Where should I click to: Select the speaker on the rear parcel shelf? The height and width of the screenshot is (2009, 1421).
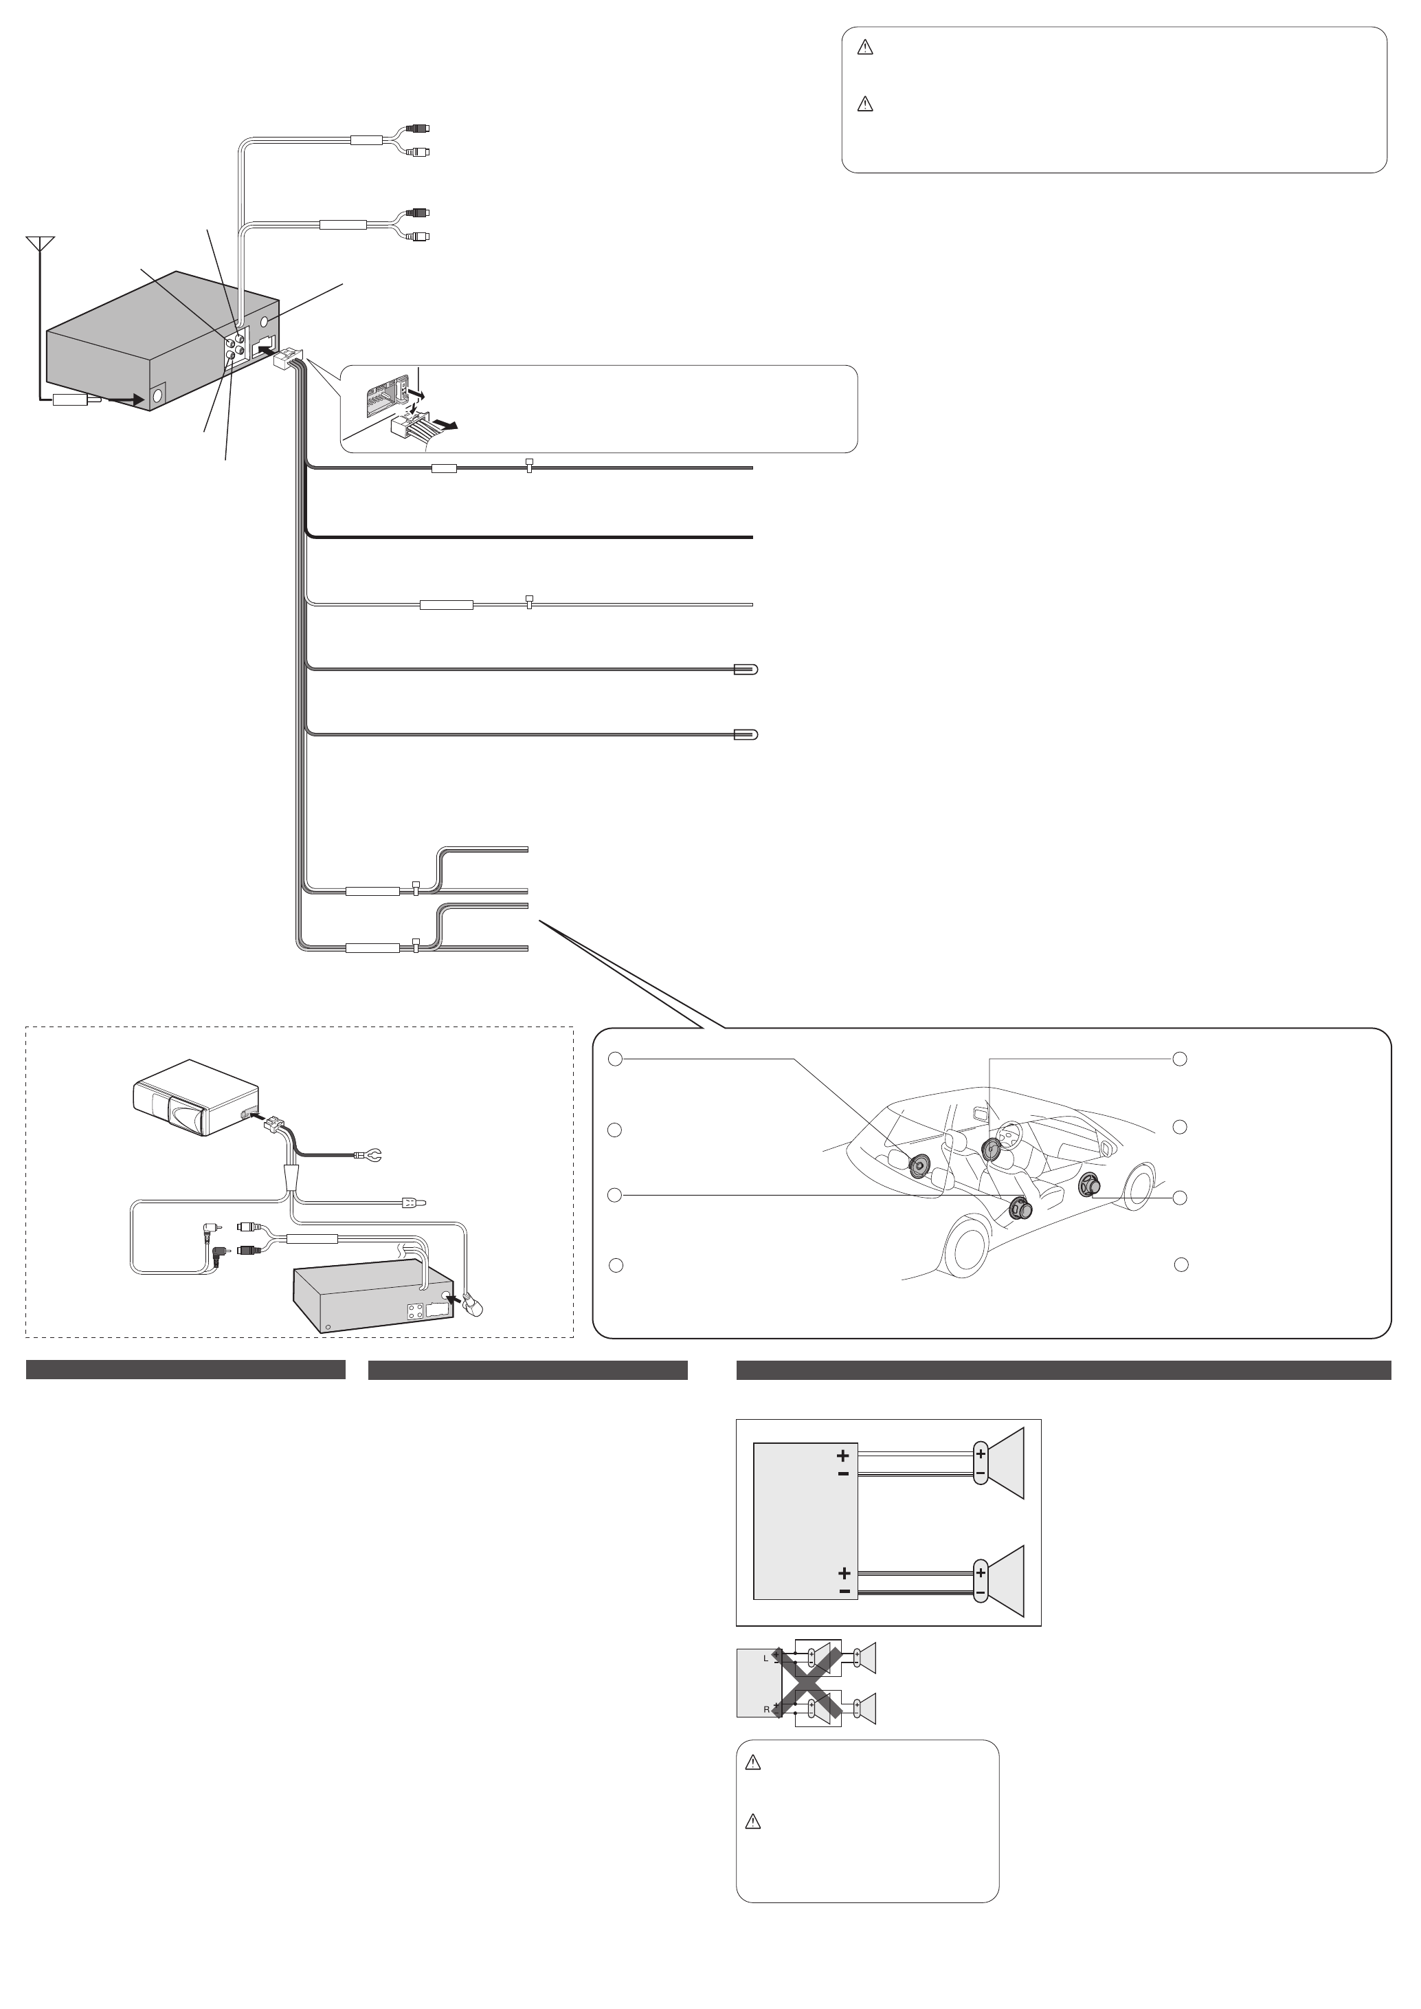coord(921,1166)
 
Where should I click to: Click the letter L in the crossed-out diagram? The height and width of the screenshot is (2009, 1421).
coord(765,1657)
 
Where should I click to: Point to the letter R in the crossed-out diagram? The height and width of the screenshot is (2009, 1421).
coord(766,1709)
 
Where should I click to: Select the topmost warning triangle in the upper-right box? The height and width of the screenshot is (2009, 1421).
coord(865,49)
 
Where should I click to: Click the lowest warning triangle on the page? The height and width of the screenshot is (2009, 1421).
coord(752,1823)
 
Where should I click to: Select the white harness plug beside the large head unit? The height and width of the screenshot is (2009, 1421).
coord(288,359)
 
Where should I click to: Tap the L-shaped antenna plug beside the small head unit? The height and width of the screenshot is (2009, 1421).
coord(473,1304)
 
